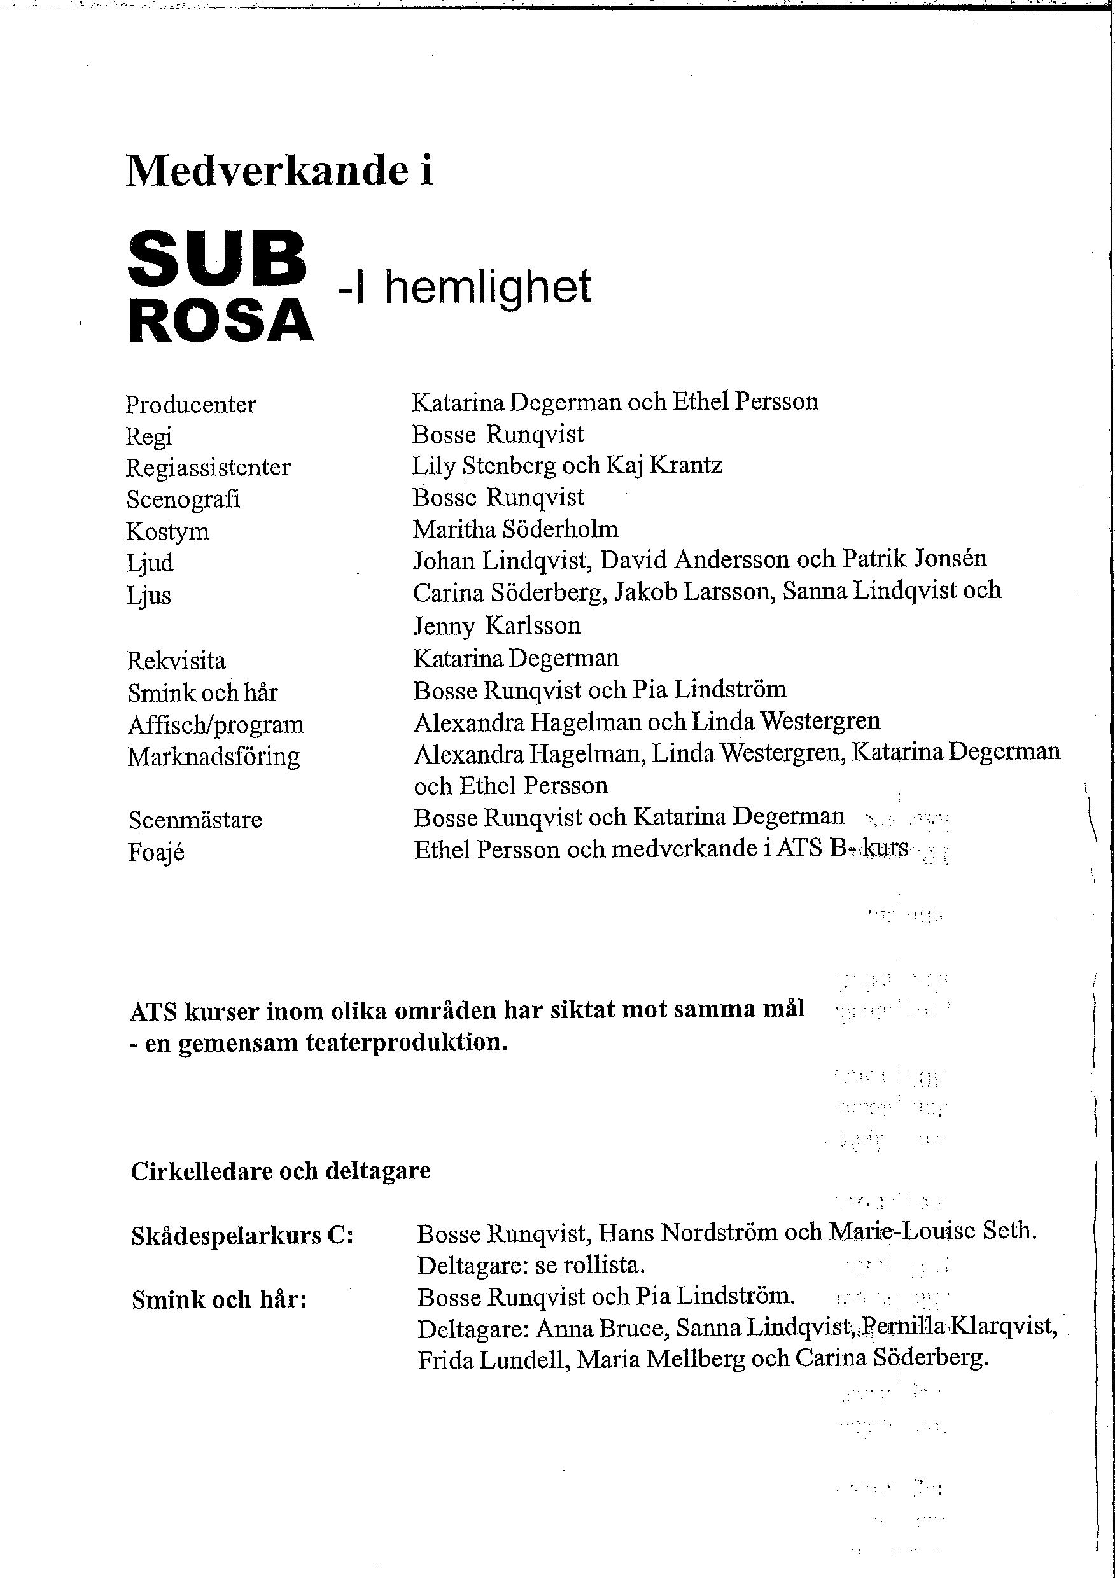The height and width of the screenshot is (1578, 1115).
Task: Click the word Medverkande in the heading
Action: pos(268,170)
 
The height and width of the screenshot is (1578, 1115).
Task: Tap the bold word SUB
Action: pos(216,259)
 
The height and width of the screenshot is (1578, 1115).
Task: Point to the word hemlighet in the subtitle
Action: pos(487,287)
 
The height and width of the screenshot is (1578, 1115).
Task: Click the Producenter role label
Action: pos(190,405)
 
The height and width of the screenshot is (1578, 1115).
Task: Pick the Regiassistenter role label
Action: pos(207,468)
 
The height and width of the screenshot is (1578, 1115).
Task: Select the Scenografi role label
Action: pos(183,499)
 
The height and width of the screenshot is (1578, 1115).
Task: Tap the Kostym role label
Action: pos(168,531)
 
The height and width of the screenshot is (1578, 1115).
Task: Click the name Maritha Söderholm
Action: pos(515,529)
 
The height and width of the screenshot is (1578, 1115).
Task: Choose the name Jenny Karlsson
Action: pos(496,625)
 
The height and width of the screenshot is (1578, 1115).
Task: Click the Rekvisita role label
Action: pos(176,661)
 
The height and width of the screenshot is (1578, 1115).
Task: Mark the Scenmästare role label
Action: pos(195,820)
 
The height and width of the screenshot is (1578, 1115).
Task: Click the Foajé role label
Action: pos(156,853)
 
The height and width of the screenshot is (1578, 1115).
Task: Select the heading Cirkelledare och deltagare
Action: pos(281,1170)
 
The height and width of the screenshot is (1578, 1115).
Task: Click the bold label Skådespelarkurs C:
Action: pos(242,1236)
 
